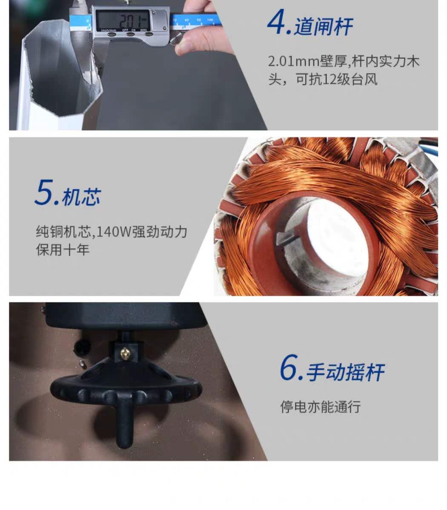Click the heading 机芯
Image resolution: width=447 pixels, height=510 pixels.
[x=81, y=197]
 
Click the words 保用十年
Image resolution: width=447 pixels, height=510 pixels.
[x=63, y=249]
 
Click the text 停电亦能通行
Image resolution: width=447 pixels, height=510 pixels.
[x=321, y=407]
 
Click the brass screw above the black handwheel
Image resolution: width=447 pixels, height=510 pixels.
[x=125, y=353]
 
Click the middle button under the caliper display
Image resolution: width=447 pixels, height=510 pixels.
[x=130, y=34]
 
